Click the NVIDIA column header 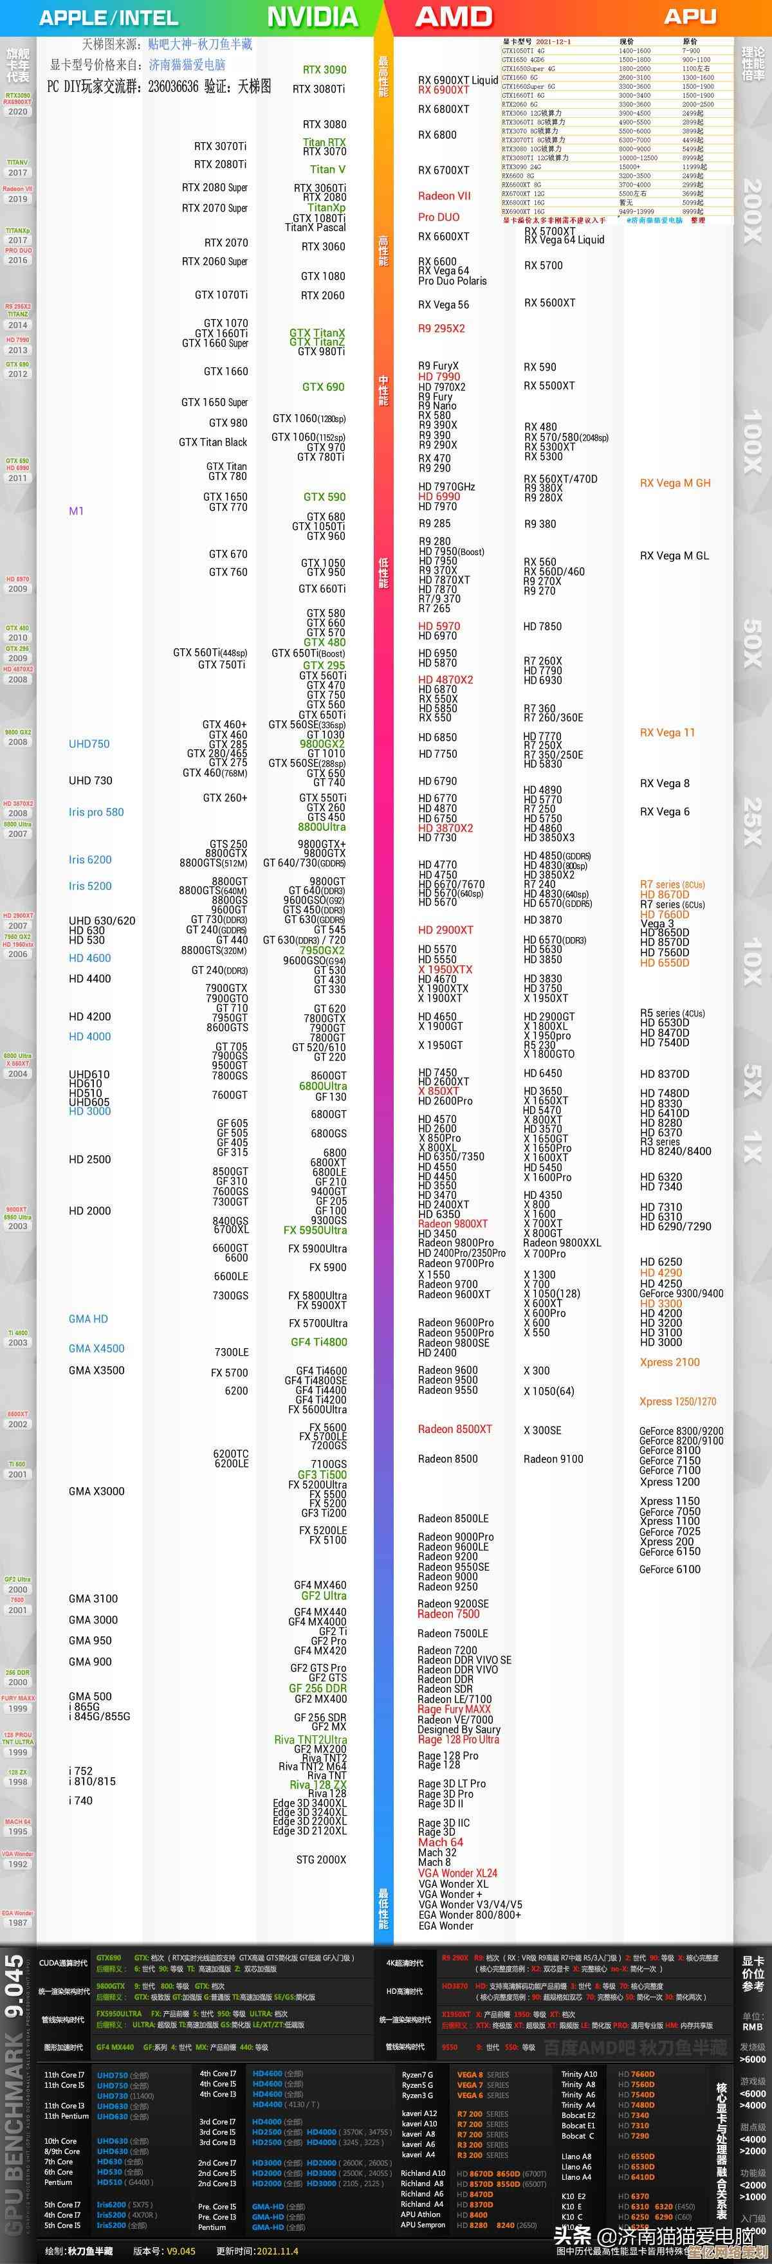pos(312,17)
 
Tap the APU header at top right pos(690,17)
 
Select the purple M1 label pos(77,511)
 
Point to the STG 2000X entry pos(321,1859)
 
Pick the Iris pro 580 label pos(96,812)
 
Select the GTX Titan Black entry pos(213,442)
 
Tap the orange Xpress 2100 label pos(669,1362)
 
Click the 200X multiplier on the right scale pos(753,211)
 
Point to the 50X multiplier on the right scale pos(753,643)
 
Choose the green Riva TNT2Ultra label pos(309,1739)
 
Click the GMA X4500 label pos(96,1348)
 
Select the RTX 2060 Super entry pos(214,261)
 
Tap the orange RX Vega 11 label pos(666,732)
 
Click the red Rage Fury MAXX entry pos(454,1710)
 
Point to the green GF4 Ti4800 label pos(318,1342)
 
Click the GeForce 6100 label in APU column pos(669,1569)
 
